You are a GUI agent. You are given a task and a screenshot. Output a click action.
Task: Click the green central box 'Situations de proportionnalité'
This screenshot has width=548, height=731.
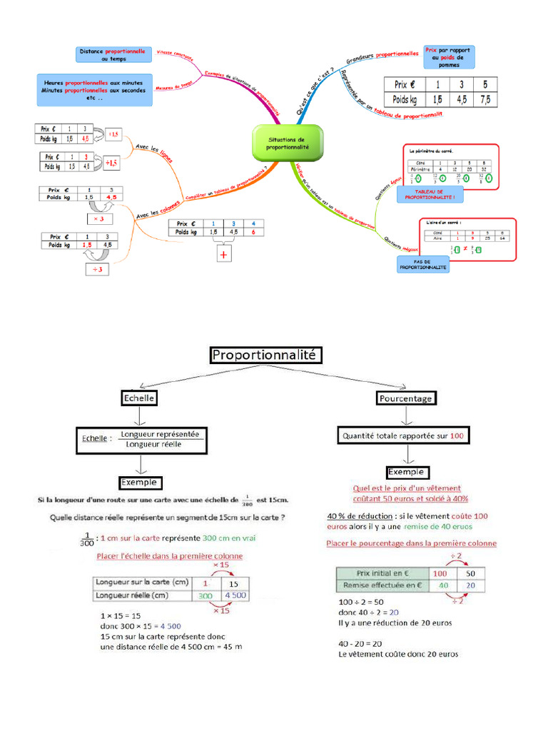[x=288, y=142]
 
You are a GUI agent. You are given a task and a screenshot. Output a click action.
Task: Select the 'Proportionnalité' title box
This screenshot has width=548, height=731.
[x=265, y=355]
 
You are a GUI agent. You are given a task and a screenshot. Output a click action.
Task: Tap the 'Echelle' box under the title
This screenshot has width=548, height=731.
[x=139, y=398]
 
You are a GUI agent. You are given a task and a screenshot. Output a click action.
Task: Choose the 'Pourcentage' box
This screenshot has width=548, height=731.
[x=407, y=398]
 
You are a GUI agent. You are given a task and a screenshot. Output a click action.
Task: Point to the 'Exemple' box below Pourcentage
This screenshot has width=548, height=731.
[x=406, y=472]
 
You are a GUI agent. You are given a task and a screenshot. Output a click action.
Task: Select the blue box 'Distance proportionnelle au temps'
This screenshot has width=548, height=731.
[x=113, y=55]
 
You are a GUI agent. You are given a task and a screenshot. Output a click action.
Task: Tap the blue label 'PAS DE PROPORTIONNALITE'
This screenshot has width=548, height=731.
[x=424, y=264]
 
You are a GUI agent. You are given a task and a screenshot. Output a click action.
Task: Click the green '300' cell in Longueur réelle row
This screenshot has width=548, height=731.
[x=205, y=595]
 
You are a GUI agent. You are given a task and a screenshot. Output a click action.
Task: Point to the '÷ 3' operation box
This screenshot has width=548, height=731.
[x=95, y=269]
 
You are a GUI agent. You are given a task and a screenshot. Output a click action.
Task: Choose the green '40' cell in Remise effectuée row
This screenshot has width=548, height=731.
[x=442, y=585]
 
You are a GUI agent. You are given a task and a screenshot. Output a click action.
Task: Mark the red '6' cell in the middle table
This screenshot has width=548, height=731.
[x=253, y=232]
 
